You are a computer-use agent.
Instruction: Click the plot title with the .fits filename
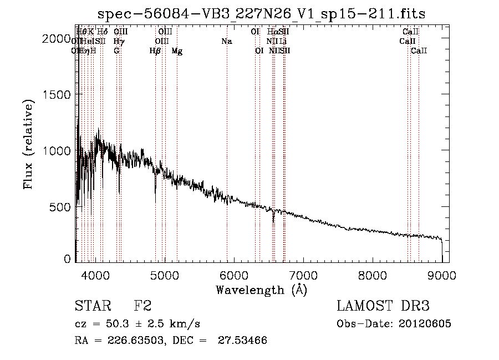(261, 14)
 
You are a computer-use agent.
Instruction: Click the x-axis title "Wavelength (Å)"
(261, 290)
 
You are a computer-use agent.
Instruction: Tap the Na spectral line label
(226, 42)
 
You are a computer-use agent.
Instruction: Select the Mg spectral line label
(177, 51)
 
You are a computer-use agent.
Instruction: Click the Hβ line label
(155, 51)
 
